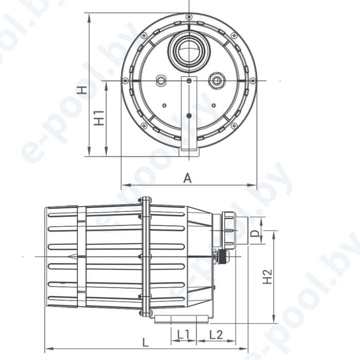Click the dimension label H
coord(82,90)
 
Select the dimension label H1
coord(99,118)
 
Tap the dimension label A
coord(188,178)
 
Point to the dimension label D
coord(255,233)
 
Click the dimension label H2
coord(267,277)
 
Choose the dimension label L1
coord(184,334)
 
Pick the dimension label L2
coord(216,334)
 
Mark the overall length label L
coord(146,343)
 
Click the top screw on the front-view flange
coord(189,17)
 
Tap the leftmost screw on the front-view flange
coord(125,81)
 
